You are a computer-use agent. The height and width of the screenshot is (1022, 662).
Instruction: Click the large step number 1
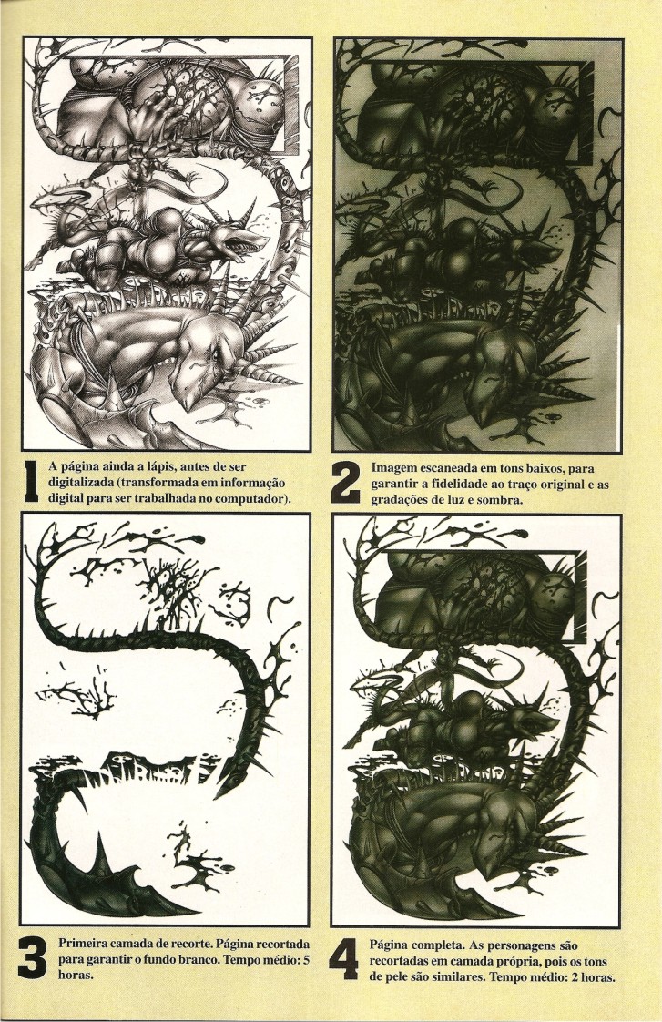click(31, 483)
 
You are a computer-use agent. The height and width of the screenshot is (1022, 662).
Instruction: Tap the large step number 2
click(345, 483)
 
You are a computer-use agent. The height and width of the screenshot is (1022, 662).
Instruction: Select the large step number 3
click(33, 958)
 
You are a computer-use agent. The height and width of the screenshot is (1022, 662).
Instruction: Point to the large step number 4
click(344, 959)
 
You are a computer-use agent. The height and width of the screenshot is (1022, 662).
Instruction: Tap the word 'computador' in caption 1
click(253, 499)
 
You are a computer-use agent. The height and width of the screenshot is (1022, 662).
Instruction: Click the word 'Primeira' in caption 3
click(84, 944)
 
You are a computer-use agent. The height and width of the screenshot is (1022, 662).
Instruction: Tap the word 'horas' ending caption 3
click(76, 976)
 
